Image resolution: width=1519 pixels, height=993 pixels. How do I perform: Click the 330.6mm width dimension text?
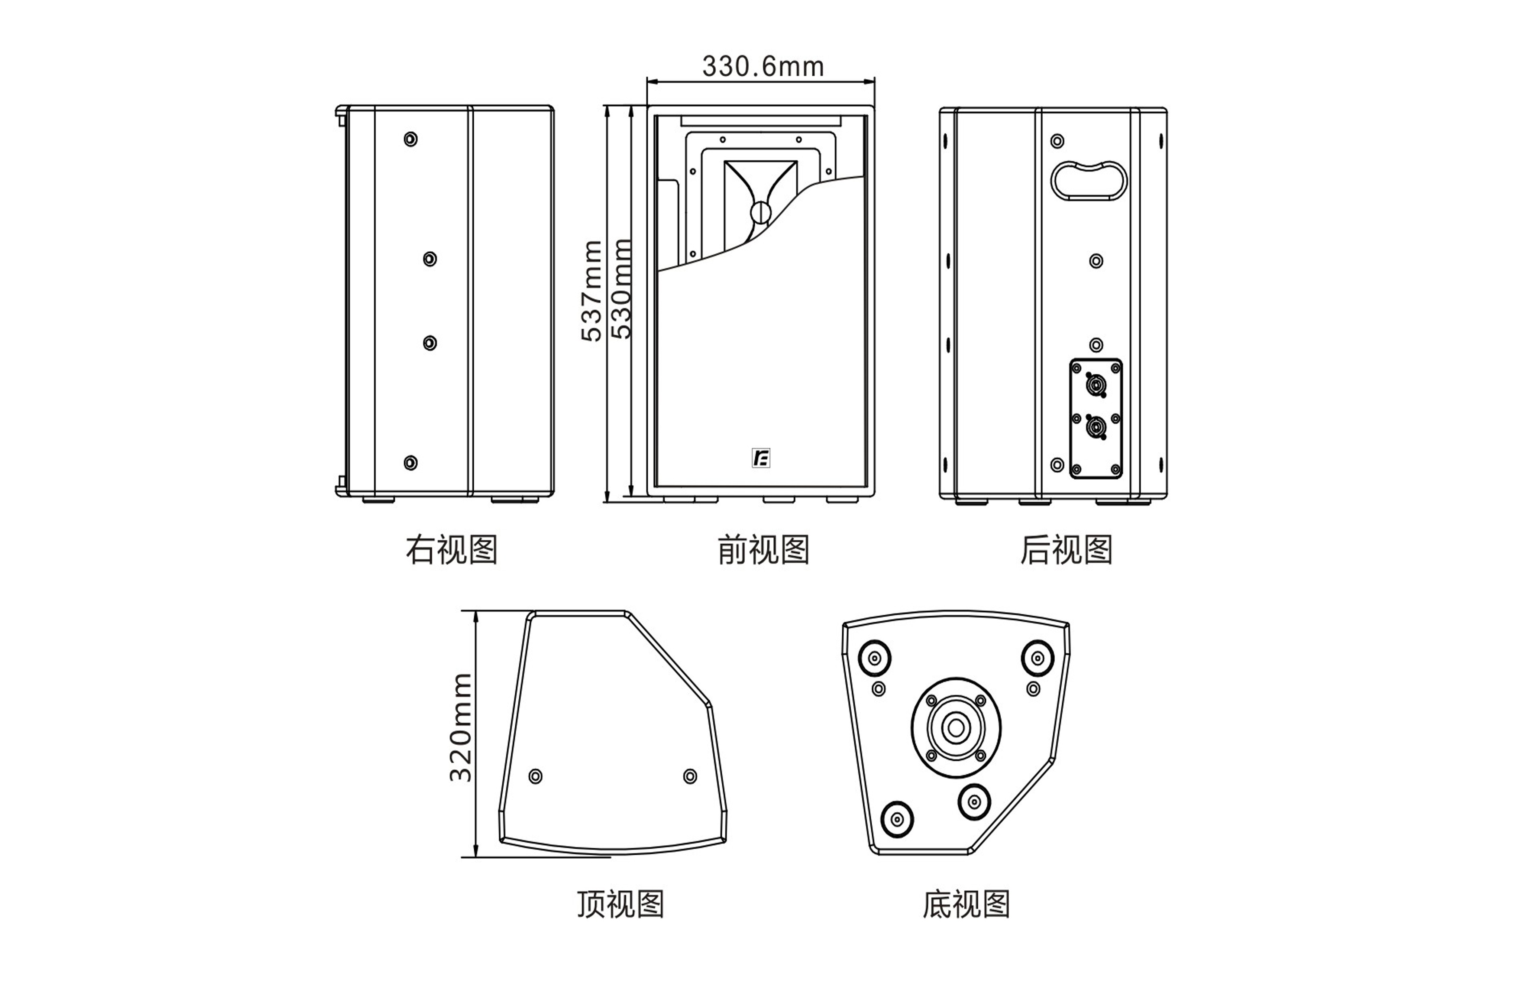pyautogui.click(x=763, y=66)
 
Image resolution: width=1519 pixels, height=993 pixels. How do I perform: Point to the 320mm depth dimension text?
pyautogui.click(x=461, y=727)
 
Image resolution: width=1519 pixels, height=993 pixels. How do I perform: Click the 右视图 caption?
pyautogui.click(x=451, y=550)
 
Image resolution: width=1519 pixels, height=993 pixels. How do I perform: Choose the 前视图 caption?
pyautogui.click(x=763, y=550)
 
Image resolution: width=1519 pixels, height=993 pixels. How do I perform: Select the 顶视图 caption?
pyautogui.click(x=621, y=904)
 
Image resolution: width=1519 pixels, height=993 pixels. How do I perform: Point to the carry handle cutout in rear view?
pyautogui.click(x=1089, y=181)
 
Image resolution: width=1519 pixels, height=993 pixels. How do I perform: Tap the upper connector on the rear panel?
pyautogui.click(x=1096, y=386)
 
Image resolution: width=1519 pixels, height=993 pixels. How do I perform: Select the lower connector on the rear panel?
pyautogui.click(x=1096, y=427)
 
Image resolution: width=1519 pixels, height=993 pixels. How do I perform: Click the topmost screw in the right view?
pyautogui.click(x=410, y=139)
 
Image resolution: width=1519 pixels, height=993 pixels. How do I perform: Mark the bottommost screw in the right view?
pyautogui.click(x=410, y=462)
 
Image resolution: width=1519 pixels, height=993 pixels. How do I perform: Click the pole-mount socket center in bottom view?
pyautogui.click(x=956, y=728)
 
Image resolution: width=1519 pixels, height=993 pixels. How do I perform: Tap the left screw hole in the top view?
pyautogui.click(x=536, y=776)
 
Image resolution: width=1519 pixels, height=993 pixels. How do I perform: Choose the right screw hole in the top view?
pyautogui.click(x=690, y=776)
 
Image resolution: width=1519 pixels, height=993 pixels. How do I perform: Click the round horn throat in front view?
pyautogui.click(x=760, y=212)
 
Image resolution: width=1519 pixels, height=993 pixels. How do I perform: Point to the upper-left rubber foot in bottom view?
pyautogui.click(x=874, y=658)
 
